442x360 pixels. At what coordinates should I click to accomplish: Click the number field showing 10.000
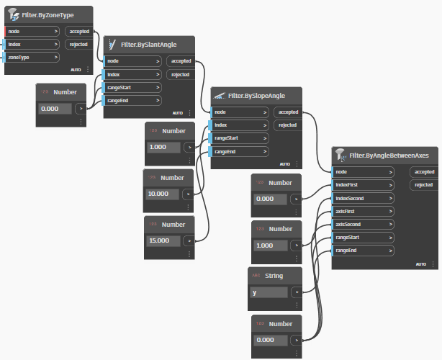click(x=163, y=194)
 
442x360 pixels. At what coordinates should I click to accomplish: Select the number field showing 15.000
click(x=163, y=240)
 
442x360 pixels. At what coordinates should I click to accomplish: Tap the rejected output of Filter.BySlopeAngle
click(x=288, y=125)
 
